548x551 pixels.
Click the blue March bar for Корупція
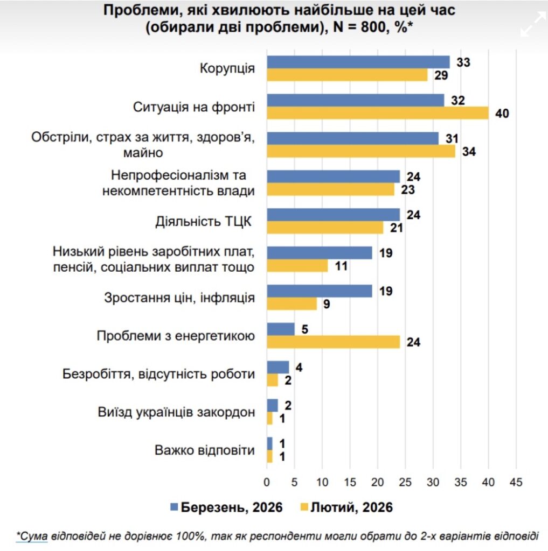(x=358, y=62)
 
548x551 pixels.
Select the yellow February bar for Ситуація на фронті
(x=377, y=113)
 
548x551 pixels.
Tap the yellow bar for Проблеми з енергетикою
(x=334, y=342)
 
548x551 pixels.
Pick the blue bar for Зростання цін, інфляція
(x=320, y=291)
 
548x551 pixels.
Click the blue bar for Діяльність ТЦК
(x=334, y=215)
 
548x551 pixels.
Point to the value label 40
(x=503, y=114)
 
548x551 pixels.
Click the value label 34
(x=469, y=152)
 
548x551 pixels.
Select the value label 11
(x=342, y=266)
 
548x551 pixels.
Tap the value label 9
(x=327, y=304)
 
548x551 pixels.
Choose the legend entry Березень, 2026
(x=226, y=507)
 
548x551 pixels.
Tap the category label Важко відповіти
(x=204, y=450)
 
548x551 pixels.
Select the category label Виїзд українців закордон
(x=176, y=412)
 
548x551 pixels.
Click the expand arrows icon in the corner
(x=533, y=25)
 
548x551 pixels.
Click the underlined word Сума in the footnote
(x=32, y=536)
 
